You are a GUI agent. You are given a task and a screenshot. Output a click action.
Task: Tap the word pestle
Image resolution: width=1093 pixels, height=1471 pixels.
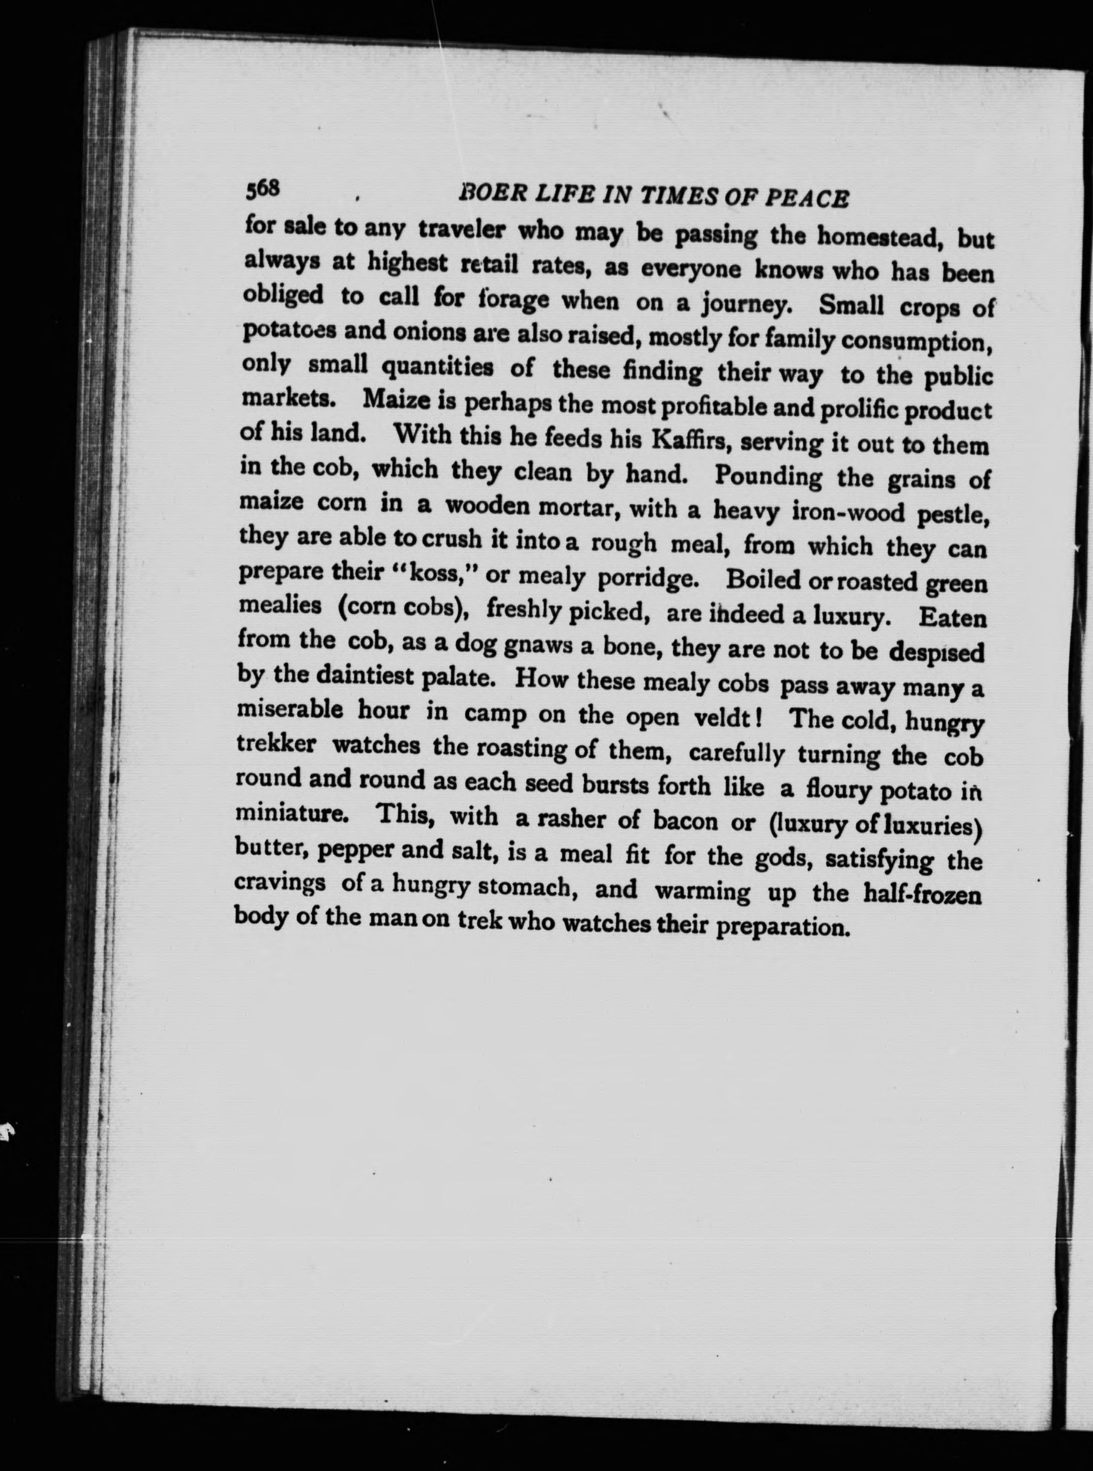click(953, 515)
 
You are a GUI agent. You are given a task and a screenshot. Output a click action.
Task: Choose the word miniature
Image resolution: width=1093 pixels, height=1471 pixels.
click(290, 813)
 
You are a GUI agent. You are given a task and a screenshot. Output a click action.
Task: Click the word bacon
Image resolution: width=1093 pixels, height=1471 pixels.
click(685, 821)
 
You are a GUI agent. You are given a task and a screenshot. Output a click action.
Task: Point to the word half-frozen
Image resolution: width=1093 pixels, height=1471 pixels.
click(923, 895)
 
